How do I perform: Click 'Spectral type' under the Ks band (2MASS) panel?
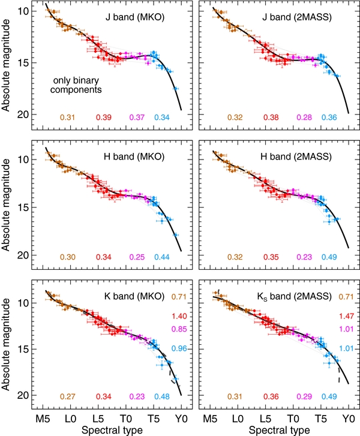279,429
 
